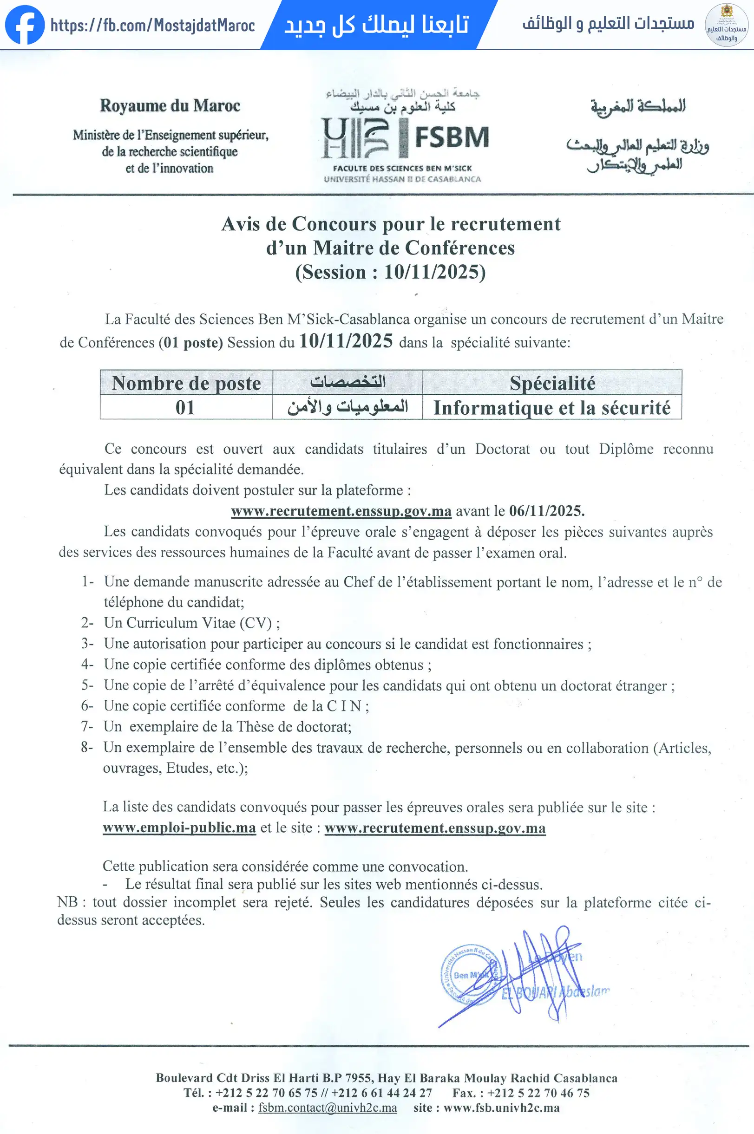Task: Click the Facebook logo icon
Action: (25, 25)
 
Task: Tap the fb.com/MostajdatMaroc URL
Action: (152, 25)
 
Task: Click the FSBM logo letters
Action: (451, 137)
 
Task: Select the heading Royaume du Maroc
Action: (170, 106)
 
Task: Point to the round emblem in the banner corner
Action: (726, 25)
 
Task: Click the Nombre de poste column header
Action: (186, 383)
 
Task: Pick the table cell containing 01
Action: (185, 408)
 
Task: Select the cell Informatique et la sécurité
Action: (551, 408)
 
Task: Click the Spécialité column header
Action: (552, 383)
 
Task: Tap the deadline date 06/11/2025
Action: (546, 510)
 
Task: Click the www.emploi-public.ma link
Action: (179, 828)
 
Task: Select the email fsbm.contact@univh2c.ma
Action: (328, 1108)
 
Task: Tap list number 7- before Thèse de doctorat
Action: (87, 726)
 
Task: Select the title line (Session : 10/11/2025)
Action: (390, 272)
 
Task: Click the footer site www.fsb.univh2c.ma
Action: (501, 1108)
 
